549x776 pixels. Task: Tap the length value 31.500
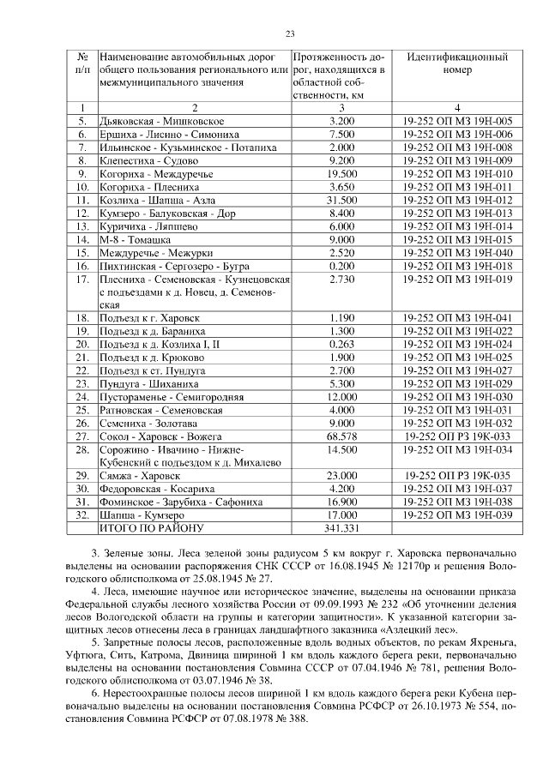click(341, 200)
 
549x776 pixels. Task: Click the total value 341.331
click(341, 528)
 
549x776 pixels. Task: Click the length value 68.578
click(341, 436)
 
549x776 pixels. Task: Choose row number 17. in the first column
click(83, 279)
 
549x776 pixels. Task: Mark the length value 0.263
click(341, 344)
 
